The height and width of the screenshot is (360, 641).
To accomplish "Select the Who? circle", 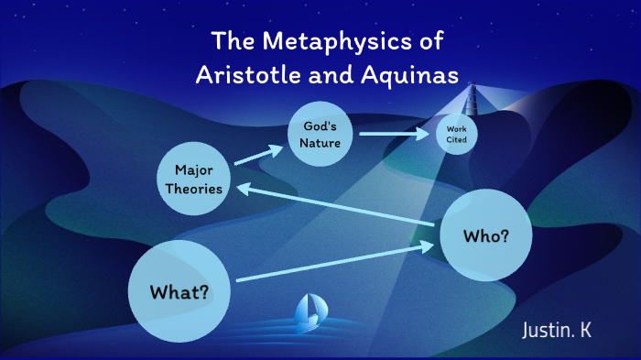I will [x=486, y=235].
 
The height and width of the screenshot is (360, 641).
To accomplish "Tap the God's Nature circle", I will [x=320, y=134].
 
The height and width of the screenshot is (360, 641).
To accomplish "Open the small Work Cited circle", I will [x=456, y=135].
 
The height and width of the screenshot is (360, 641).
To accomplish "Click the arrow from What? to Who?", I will [x=334, y=263].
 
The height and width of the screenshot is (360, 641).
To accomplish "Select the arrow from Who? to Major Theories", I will [x=334, y=206].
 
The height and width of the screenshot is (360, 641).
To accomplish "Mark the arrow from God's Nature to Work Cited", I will [x=394, y=134].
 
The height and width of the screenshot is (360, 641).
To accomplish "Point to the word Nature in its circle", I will [x=320, y=143].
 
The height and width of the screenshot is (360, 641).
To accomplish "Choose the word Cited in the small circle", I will [x=456, y=139].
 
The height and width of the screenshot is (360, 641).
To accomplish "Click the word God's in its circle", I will [x=320, y=125].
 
